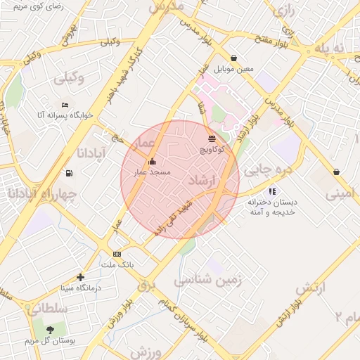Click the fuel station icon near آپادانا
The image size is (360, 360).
pos(68,173)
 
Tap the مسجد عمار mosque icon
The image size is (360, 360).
pos(152,162)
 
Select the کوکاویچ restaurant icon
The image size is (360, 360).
pos(212,139)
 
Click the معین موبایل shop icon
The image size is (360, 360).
pos(233,58)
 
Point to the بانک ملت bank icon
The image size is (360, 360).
pos(117,254)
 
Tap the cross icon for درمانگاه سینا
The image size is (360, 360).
pos(81,278)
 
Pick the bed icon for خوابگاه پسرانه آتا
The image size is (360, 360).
pos(65,105)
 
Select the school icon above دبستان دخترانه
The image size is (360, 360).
pos(272,191)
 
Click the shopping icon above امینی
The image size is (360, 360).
pos(337,172)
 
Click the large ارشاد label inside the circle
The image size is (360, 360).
pos(201,181)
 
